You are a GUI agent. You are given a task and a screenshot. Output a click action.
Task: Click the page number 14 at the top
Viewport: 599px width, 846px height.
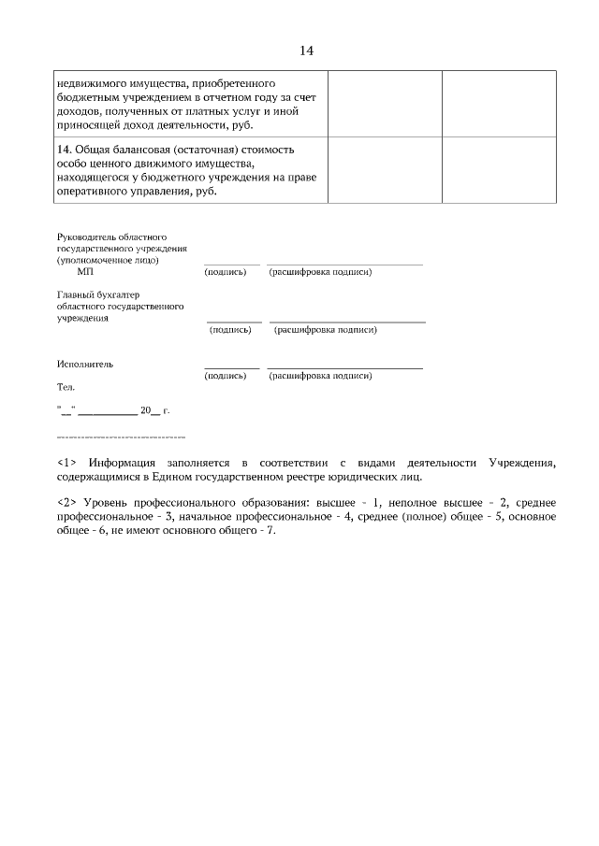306,50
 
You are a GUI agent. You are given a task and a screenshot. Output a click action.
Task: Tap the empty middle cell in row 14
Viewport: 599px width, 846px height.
384,170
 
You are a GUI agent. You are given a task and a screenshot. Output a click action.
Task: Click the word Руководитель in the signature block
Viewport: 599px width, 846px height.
88,238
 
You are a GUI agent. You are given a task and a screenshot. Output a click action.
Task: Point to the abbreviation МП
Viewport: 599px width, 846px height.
86,272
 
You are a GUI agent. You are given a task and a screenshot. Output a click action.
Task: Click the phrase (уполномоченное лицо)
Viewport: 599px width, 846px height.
108,260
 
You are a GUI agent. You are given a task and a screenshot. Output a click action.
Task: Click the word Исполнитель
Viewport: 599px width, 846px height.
85,364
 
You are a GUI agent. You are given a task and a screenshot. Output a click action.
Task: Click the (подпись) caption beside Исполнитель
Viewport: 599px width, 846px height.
225,376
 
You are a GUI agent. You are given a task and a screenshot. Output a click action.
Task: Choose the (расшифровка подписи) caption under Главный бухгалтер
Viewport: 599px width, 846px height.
325,330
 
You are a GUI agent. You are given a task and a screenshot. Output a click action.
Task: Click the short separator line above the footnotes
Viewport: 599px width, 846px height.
121,437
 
